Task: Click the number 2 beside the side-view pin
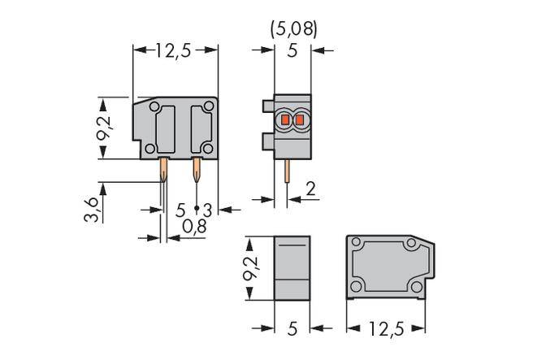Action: coord(310,190)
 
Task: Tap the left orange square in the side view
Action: coord(285,120)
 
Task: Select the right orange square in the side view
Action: coord(299,120)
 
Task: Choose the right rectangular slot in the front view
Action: coord(201,127)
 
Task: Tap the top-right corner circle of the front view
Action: coord(209,106)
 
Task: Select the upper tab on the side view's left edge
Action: coord(268,105)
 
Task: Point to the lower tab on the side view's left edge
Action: coord(268,141)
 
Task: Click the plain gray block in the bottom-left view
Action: coord(292,267)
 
